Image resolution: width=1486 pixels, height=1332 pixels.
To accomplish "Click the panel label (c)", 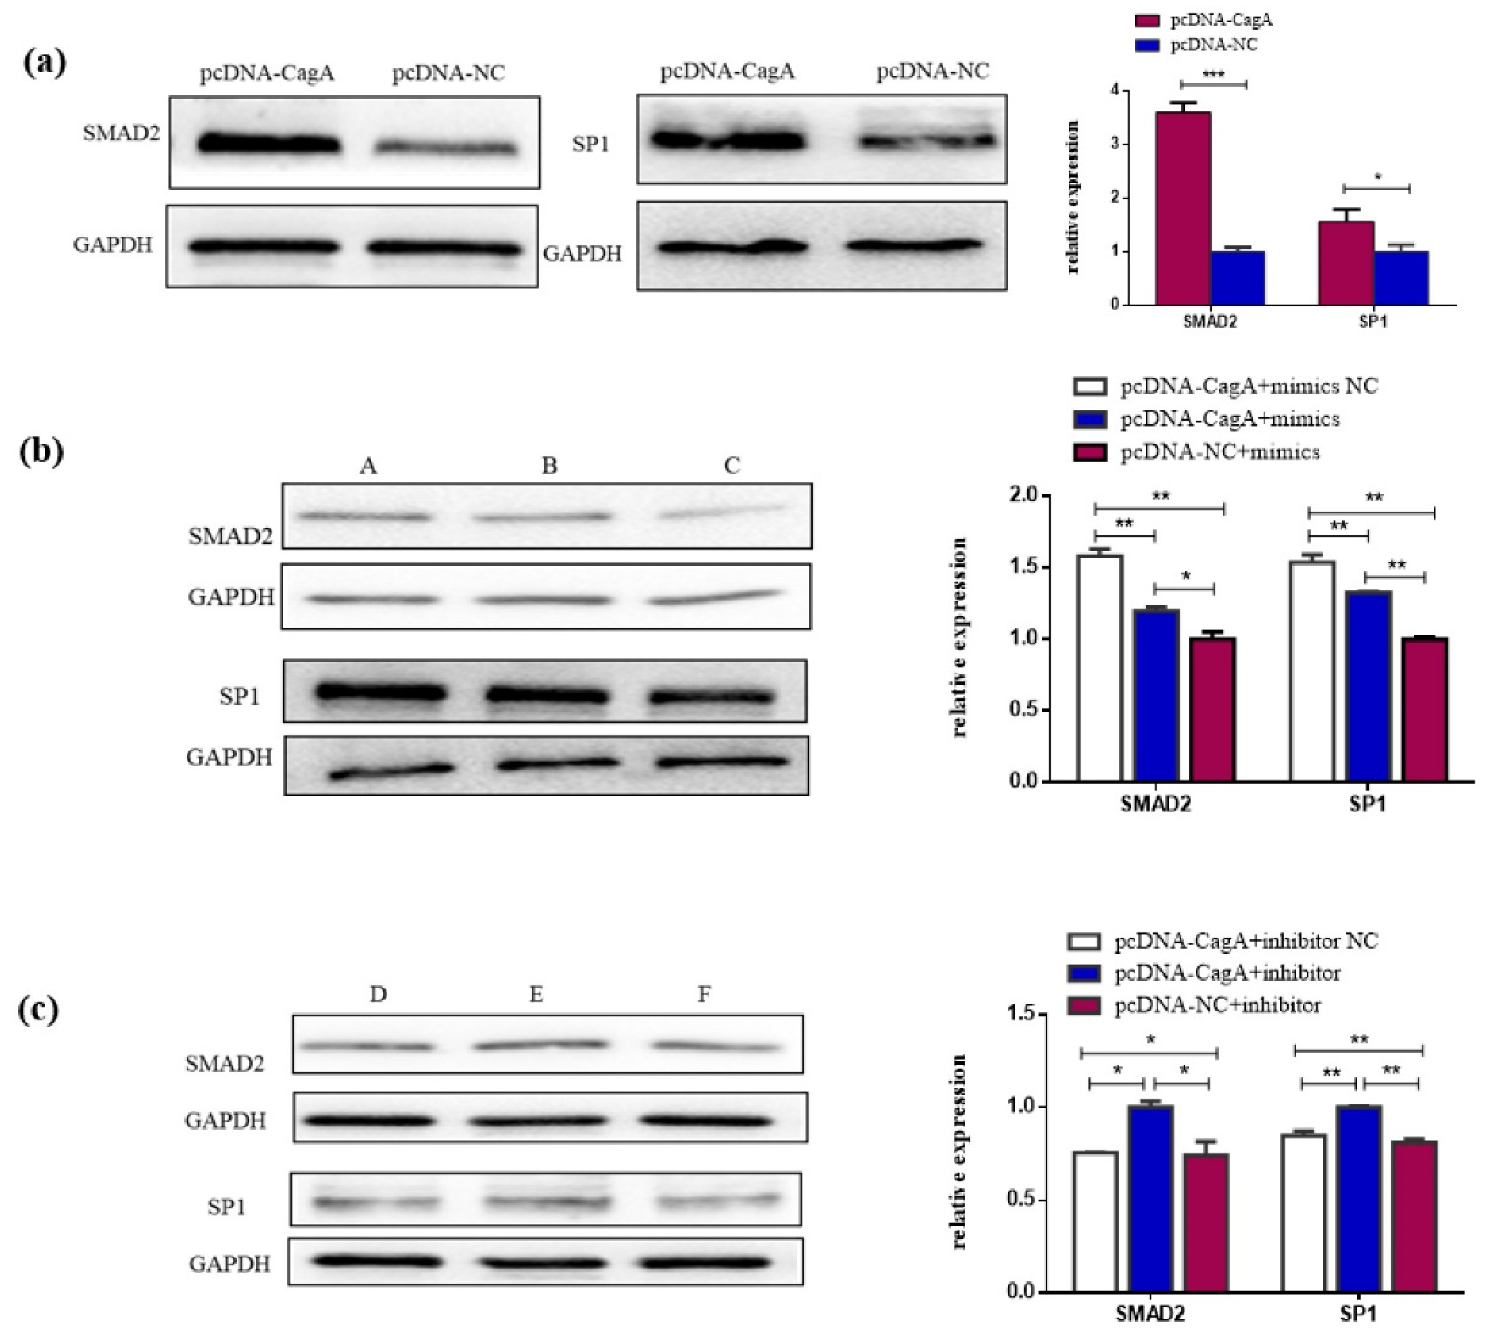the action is (38, 1010).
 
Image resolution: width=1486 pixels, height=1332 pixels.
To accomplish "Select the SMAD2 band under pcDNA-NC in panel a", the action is (446, 148).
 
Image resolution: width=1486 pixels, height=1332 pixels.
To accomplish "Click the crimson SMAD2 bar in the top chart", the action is (1182, 208).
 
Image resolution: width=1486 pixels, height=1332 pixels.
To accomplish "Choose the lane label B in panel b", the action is (549, 465).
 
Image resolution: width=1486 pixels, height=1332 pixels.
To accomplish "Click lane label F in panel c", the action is (704, 994).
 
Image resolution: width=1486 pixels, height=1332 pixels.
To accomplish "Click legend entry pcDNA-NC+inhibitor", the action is (1217, 1006).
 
